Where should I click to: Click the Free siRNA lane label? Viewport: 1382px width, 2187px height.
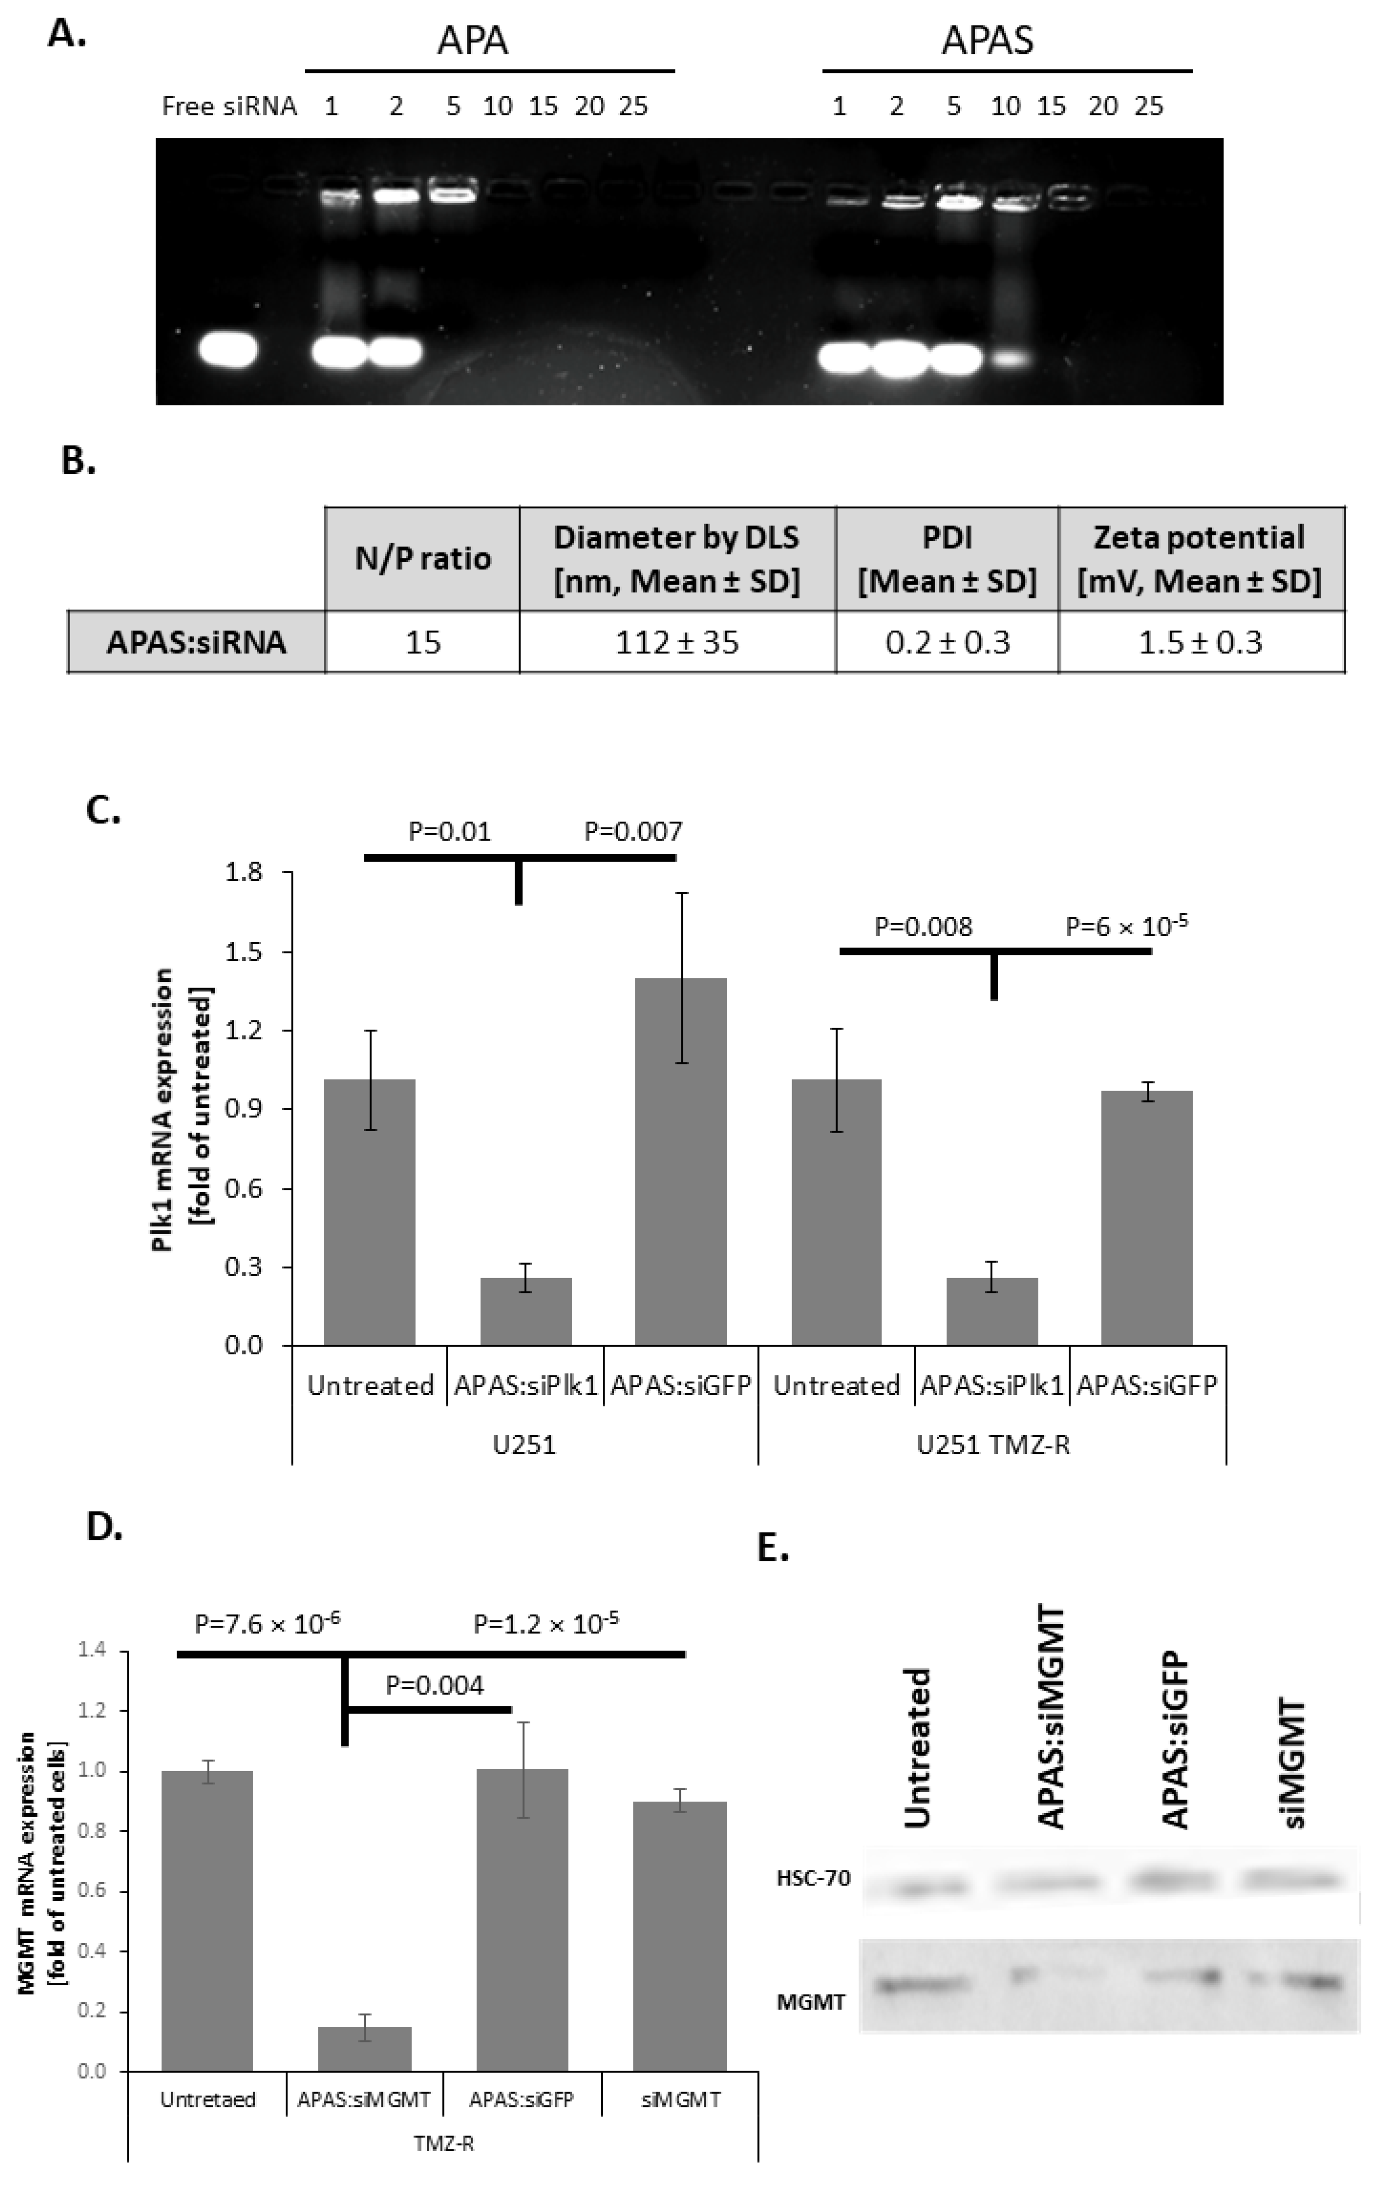229,107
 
